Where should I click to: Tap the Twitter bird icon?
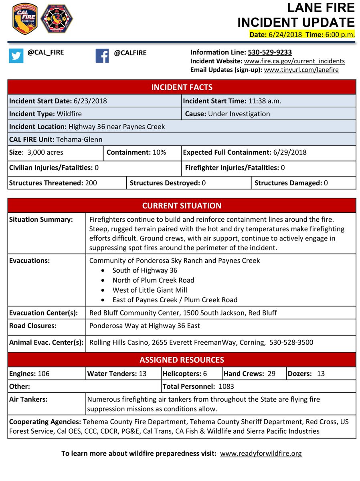click(16, 56)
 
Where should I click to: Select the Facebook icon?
click(102, 56)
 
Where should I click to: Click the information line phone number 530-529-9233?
click(270, 53)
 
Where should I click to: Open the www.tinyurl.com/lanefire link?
click(301, 70)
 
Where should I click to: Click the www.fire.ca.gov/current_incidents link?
click(294, 61)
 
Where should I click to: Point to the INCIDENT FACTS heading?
click(182, 87)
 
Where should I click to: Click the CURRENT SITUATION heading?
click(182, 206)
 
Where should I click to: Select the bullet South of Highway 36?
click(145, 271)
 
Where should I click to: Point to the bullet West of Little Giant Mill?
click(150, 290)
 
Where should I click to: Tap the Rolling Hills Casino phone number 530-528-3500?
click(293, 343)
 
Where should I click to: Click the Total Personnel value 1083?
click(226, 387)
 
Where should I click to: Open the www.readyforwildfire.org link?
click(261, 454)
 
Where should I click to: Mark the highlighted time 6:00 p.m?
click(339, 35)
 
